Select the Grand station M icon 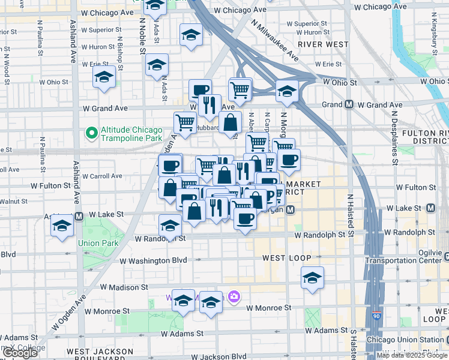(349, 105)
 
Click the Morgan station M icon (290, 209)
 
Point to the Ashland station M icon (79, 215)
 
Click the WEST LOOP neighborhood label (287, 258)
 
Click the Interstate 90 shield (376, 332)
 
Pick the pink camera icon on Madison (234, 296)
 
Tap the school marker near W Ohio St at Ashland (104, 77)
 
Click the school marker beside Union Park (62, 227)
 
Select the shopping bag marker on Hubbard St (230, 123)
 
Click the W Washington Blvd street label (154, 260)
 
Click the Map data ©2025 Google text (412, 355)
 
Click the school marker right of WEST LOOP (312, 278)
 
